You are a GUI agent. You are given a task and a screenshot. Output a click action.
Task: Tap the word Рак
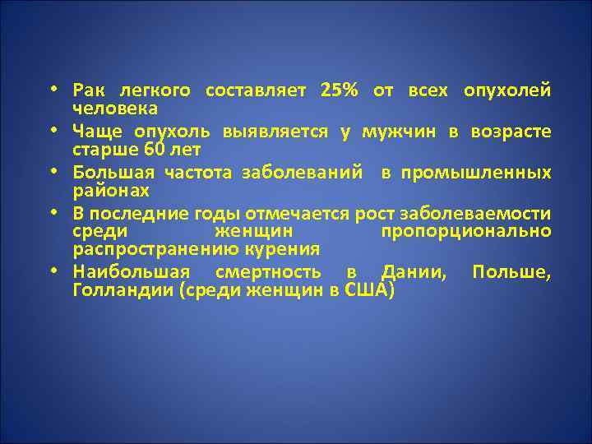[x=86, y=90]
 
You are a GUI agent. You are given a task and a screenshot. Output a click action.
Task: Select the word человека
[x=115, y=109]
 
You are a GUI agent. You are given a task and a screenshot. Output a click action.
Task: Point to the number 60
[x=156, y=150]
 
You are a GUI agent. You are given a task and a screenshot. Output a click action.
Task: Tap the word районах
[x=111, y=191]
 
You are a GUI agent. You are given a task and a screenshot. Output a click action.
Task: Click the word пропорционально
[x=466, y=232]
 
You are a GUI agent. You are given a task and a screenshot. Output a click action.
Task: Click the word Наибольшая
[x=132, y=273]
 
